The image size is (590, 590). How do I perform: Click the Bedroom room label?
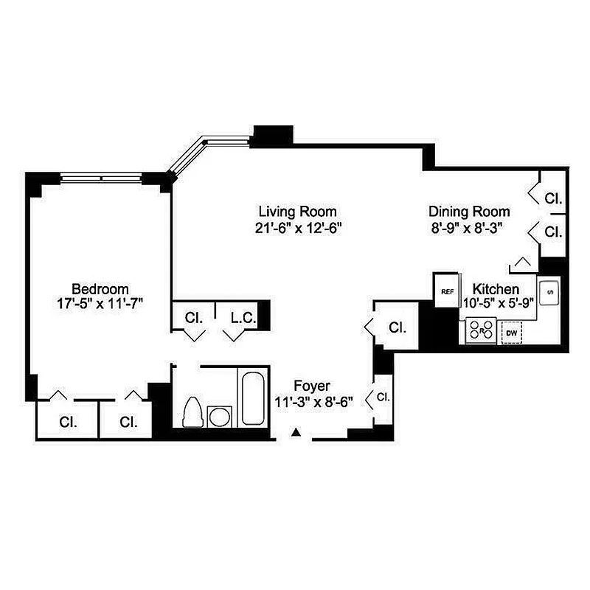tap(100, 288)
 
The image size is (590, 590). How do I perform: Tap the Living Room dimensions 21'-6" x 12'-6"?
tap(296, 228)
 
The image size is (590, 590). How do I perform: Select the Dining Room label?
tap(469, 212)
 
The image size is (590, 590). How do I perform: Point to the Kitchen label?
tap(496, 288)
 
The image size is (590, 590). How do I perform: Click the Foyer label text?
tap(311, 386)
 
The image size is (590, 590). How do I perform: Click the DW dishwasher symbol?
tap(511, 333)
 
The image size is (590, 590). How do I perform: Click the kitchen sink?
tap(549, 293)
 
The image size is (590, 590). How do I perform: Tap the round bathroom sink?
tap(219, 417)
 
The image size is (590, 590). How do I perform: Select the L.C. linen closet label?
tap(243, 319)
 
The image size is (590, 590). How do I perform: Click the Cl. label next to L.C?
tap(194, 319)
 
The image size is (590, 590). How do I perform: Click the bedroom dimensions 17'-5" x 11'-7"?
tap(100, 304)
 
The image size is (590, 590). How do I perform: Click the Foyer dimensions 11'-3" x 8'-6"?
tap(313, 402)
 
